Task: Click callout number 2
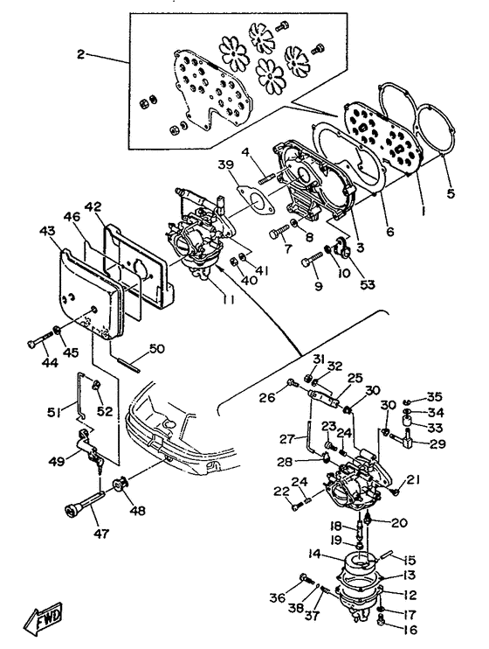click(81, 54)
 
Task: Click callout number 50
click(156, 349)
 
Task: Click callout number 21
click(413, 479)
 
